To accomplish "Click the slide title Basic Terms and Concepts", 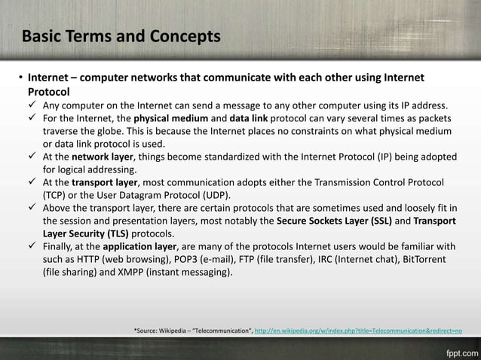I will coord(121,37).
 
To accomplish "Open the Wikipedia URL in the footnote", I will coord(359,330).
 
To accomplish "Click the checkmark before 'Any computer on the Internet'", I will coord(32,105).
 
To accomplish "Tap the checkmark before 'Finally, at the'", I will coord(32,246).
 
